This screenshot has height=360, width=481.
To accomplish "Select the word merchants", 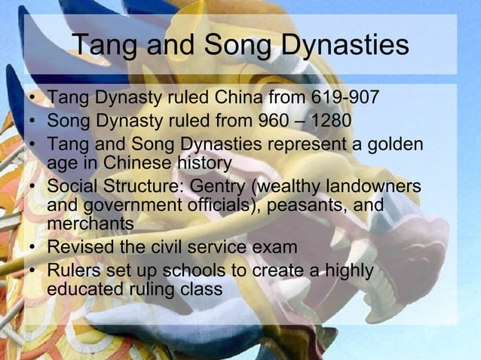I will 90,224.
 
